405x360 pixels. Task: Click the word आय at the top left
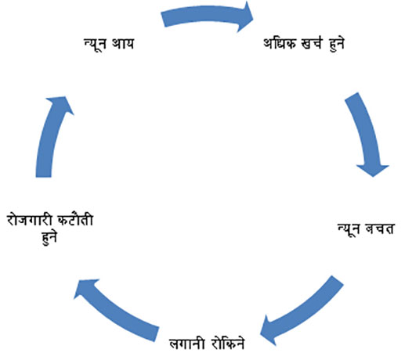coord(123,44)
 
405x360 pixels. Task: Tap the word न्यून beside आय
coord(95,44)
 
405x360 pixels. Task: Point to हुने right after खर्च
coord(336,44)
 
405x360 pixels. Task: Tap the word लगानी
coord(186,344)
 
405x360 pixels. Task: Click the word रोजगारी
coord(29,221)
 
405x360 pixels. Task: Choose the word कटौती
coord(75,220)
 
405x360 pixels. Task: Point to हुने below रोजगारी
coord(49,238)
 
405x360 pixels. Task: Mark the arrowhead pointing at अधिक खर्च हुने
coord(245,16)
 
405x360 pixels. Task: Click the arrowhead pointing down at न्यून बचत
coord(373,171)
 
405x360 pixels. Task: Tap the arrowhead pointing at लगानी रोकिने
coord(269,331)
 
